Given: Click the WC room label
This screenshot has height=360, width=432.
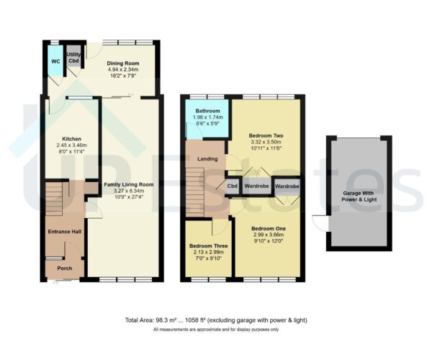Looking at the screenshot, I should pos(55,61).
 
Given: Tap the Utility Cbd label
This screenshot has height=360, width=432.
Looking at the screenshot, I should pos(73,58).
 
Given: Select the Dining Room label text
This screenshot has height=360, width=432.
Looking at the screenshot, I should pos(122,63).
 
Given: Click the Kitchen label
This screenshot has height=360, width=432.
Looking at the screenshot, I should pos(71,138).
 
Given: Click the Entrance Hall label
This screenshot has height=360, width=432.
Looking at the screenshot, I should pos(63,231).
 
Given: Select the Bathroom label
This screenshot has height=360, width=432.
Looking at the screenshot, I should pos(208,111).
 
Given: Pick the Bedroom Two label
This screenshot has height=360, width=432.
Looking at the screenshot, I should pos(264,135).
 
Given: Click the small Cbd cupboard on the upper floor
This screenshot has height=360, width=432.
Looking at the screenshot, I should pos(233,186).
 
